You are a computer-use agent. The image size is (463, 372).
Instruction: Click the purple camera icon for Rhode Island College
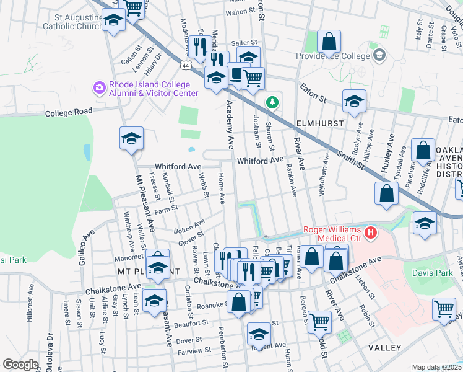[99, 88]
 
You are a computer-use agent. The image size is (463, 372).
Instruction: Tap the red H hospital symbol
[370, 233]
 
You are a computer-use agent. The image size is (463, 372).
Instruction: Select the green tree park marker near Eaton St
[270, 101]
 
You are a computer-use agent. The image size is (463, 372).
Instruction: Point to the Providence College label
[339, 55]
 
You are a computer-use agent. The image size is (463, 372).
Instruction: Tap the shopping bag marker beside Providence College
[329, 42]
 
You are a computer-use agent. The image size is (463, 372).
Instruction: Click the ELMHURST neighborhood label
[319, 123]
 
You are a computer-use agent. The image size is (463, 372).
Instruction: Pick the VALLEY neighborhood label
[384, 348]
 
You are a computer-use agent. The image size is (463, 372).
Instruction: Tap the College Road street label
[68, 112]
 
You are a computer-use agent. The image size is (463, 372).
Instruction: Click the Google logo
[20, 365]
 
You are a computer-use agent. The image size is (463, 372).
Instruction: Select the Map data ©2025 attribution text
[436, 367]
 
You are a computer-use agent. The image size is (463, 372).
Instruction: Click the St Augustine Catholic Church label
[72, 22]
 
